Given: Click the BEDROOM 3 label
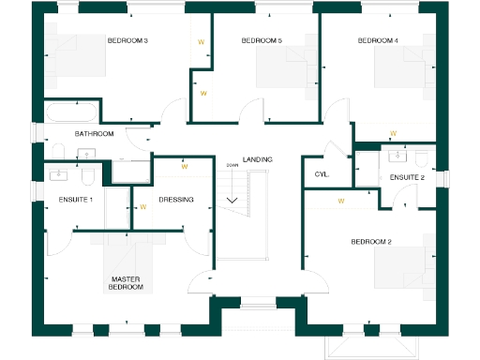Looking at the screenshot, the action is click(x=127, y=41).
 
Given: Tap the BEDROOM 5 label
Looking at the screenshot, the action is click(x=262, y=41).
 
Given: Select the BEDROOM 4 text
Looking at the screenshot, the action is click(x=378, y=41).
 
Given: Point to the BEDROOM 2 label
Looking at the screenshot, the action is click(x=371, y=242).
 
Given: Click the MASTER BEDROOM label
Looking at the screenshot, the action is click(x=127, y=283).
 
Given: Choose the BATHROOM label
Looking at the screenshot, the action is click(x=95, y=134).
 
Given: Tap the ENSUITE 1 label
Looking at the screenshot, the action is click(x=75, y=200).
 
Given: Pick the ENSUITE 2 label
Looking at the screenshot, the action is click(x=408, y=178).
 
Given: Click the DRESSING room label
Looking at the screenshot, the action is click(x=176, y=200).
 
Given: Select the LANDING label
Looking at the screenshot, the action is click(x=257, y=160).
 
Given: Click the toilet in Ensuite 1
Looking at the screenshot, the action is click(x=86, y=175).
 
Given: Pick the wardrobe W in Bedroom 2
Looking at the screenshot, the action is click(x=341, y=201).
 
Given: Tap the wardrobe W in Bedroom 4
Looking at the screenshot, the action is click(x=393, y=132).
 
